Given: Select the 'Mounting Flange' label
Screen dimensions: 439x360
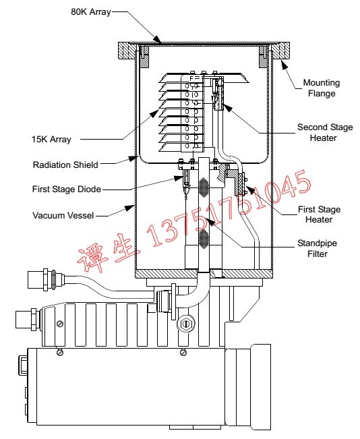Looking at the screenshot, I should pos(322,88).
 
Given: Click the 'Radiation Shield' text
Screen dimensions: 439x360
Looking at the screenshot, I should pos(66,165).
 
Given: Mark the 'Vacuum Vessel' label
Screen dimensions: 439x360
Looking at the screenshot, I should pos(62,215).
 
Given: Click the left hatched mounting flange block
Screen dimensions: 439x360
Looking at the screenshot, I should pos(127,51).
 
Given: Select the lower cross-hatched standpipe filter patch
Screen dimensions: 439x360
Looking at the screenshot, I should pos(205,239).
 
